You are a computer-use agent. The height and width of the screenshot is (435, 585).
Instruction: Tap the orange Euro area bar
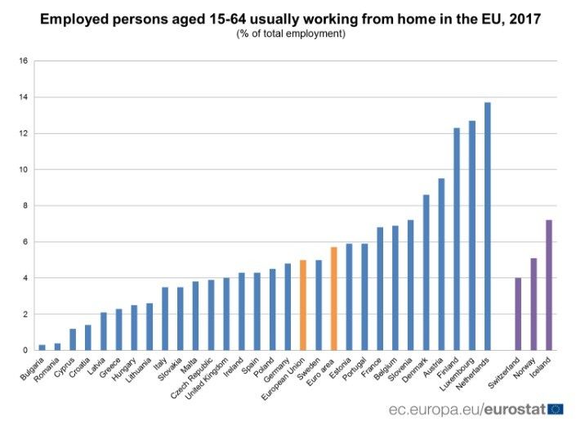click(333, 298)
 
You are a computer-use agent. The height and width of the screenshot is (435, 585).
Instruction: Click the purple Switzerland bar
click(518, 314)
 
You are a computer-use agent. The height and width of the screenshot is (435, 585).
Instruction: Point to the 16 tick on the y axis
click(24, 61)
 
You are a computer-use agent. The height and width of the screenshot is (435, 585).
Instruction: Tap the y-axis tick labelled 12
click(24, 133)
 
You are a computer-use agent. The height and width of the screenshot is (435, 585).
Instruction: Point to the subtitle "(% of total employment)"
click(291, 34)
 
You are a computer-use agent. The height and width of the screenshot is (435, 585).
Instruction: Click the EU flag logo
click(556, 408)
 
